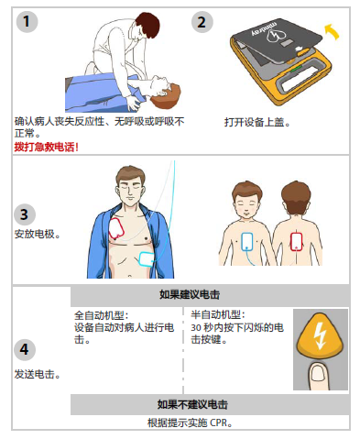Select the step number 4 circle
(x=26, y=349)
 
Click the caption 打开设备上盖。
(x=257, y=121)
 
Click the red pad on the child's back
(x=297, y=240)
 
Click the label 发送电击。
(x=37, y=375)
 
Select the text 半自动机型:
(x=216, y=315)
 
